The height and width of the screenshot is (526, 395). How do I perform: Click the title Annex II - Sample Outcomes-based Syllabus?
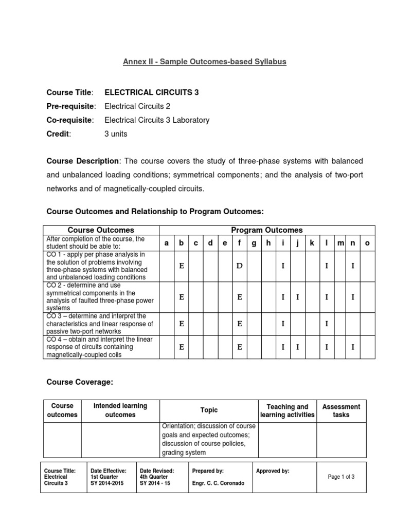tap(204, 62)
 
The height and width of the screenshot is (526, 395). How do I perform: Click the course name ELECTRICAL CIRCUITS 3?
tap(151, 92)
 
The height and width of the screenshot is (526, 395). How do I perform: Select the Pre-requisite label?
tap(71, 106)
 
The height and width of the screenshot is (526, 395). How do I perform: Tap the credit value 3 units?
tap(116, 134)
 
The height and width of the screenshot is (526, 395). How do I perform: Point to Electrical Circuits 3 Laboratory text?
tap(157, 120)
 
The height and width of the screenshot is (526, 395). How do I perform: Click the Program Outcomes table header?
tap(266, 230)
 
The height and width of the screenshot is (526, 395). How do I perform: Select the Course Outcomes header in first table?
tap(101, 230)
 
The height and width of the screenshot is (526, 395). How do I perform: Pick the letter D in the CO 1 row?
tap(239, 266)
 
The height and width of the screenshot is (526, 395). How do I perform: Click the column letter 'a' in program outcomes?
tap(166, 243)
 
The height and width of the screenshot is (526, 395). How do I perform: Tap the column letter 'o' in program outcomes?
tap(367, 243)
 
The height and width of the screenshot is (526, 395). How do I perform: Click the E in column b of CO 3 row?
tap(181, 324)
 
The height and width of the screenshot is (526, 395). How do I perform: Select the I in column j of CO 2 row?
tap(297, 296)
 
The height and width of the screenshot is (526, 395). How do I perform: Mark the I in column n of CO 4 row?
tap(352, 347)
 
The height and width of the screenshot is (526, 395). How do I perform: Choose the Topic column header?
tap(209, 410)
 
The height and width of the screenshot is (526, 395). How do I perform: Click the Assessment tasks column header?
tap(341, 410)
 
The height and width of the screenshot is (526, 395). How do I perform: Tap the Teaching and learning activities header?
tap(287, 410)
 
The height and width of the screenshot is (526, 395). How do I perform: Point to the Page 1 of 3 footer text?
tap(341, 477)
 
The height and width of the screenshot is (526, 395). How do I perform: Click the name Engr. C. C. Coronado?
tap(219, 483)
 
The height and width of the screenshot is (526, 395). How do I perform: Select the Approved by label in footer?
tap(273, 471)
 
